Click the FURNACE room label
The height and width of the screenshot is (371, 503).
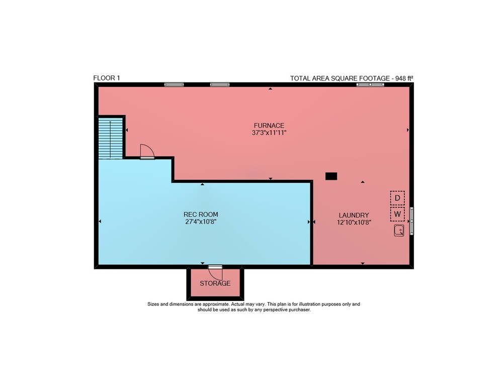269,125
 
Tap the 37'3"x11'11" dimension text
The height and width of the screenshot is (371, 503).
269,132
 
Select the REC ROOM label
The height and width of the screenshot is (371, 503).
201,214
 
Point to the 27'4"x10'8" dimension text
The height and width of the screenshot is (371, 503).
201,221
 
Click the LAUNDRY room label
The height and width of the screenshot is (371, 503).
354,215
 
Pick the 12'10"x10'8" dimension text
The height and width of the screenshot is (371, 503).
354,222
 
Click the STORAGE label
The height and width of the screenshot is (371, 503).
215,283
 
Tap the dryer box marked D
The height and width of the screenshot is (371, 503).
397,198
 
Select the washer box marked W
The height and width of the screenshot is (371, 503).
397,214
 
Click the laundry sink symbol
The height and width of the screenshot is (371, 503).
399,231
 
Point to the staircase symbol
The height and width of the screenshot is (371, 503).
110,138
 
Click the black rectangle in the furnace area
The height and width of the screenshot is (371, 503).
331,176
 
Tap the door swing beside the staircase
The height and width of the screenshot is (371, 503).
147,152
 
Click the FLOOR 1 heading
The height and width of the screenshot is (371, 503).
107,78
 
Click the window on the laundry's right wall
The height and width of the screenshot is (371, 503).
411,221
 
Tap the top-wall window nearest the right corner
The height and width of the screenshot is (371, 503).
370,85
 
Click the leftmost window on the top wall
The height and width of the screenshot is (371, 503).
174,85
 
